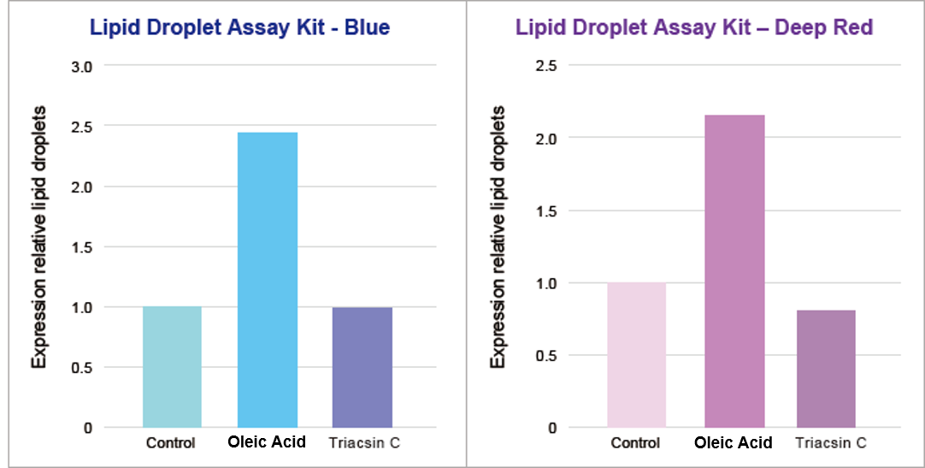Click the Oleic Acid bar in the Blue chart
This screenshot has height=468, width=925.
[x=268, y=280]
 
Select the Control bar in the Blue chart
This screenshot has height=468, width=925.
[x=172, y=367]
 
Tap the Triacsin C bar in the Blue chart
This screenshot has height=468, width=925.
[x=362, y=367]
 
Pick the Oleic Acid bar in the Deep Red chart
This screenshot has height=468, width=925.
[x=734, y=271]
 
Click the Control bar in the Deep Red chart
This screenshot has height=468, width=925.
[x=637, y=355]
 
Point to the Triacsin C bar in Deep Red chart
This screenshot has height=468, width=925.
[x=826, y=369]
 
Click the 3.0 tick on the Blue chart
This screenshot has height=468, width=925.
[x=81, y=67]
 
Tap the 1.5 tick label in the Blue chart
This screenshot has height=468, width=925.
[x=81, y=247]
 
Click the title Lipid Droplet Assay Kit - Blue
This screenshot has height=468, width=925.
[x=240, y=27]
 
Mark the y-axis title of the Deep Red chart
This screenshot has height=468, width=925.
[x=499, y=237]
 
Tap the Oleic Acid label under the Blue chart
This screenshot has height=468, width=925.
[x=268, y=442]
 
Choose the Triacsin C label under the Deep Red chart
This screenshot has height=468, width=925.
[x=831, y=443]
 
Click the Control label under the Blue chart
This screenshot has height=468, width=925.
[x=171, y=443]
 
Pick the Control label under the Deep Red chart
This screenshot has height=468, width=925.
[x=636, y=443]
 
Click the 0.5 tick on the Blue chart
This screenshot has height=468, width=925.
[x=81, y=367]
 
